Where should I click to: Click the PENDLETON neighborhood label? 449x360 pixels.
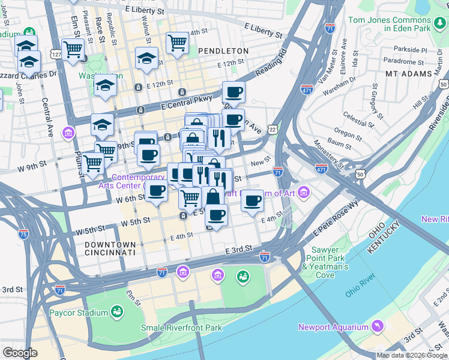[223, 51]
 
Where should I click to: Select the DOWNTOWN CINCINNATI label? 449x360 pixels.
[110, 249]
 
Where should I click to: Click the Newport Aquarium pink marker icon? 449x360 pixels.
[378, 326]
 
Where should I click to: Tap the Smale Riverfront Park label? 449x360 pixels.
[181, 328]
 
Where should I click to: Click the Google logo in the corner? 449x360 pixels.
[20, 353]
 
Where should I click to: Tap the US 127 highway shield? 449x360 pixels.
[56, 55]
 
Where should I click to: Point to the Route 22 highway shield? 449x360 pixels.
[273, 129]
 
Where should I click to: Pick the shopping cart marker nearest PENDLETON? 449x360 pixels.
[178, 43]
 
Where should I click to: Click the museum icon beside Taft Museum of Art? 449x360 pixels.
[304, 193]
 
